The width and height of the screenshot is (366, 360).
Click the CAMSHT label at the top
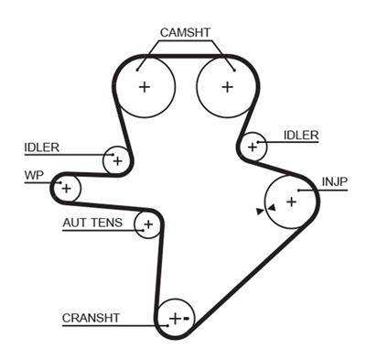(185, 33)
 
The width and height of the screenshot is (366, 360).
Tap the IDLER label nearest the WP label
(42, 147)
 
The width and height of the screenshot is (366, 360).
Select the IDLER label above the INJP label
(301, 136)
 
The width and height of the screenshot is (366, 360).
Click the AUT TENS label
(92, 223)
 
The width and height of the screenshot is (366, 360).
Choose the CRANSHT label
(91, 319)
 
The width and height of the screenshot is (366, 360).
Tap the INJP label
(335, 181)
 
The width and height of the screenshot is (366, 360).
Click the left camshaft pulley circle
(144, 87)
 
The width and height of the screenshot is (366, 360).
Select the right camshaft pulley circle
(226, 87)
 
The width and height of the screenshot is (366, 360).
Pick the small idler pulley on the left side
(116, 159)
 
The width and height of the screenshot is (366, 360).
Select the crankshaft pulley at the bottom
(175, 319)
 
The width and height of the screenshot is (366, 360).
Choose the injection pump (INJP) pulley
(290, 201)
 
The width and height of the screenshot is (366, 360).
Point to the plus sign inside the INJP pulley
(290, 201)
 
